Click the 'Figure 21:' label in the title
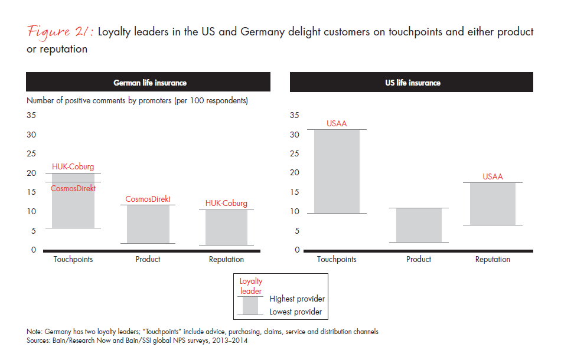[59, 32]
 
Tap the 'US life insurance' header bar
[412, 83]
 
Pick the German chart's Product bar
[148, 224]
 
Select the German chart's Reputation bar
[226, 227]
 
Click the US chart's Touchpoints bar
[337, 171]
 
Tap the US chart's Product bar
[419, 225]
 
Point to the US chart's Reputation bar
[492, 204]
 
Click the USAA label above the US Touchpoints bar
[337, 124]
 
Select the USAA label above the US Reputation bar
[492, 176]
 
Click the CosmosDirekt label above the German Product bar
[148, 199]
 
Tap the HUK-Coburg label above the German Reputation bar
[226, 204]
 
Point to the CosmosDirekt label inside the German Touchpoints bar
[73, 188]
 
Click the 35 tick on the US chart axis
[295, 116]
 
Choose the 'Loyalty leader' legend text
[251, 286]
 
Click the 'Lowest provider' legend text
[296, 312]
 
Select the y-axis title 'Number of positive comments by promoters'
[137, 100]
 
